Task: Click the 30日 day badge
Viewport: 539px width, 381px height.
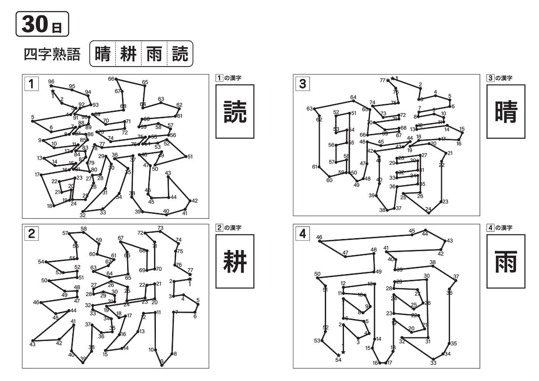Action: point(42,23)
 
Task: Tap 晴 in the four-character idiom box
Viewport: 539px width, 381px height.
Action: point(103,54)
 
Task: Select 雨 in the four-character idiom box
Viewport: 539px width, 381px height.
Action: point(154,54)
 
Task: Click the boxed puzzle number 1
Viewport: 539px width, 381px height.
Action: point(31,84)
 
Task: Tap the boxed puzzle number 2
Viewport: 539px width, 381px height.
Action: point(31,233)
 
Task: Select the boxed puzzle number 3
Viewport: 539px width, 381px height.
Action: point(303,84)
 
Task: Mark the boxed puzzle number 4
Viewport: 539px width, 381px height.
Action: point(303,233)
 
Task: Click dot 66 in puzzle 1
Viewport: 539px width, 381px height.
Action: point(116,80)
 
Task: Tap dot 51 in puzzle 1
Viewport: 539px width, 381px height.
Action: point(186,157)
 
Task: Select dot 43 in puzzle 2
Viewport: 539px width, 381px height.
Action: point(32,341)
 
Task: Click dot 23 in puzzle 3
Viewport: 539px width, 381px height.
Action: point(441,202)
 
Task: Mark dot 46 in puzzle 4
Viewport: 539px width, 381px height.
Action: point(320,241)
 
